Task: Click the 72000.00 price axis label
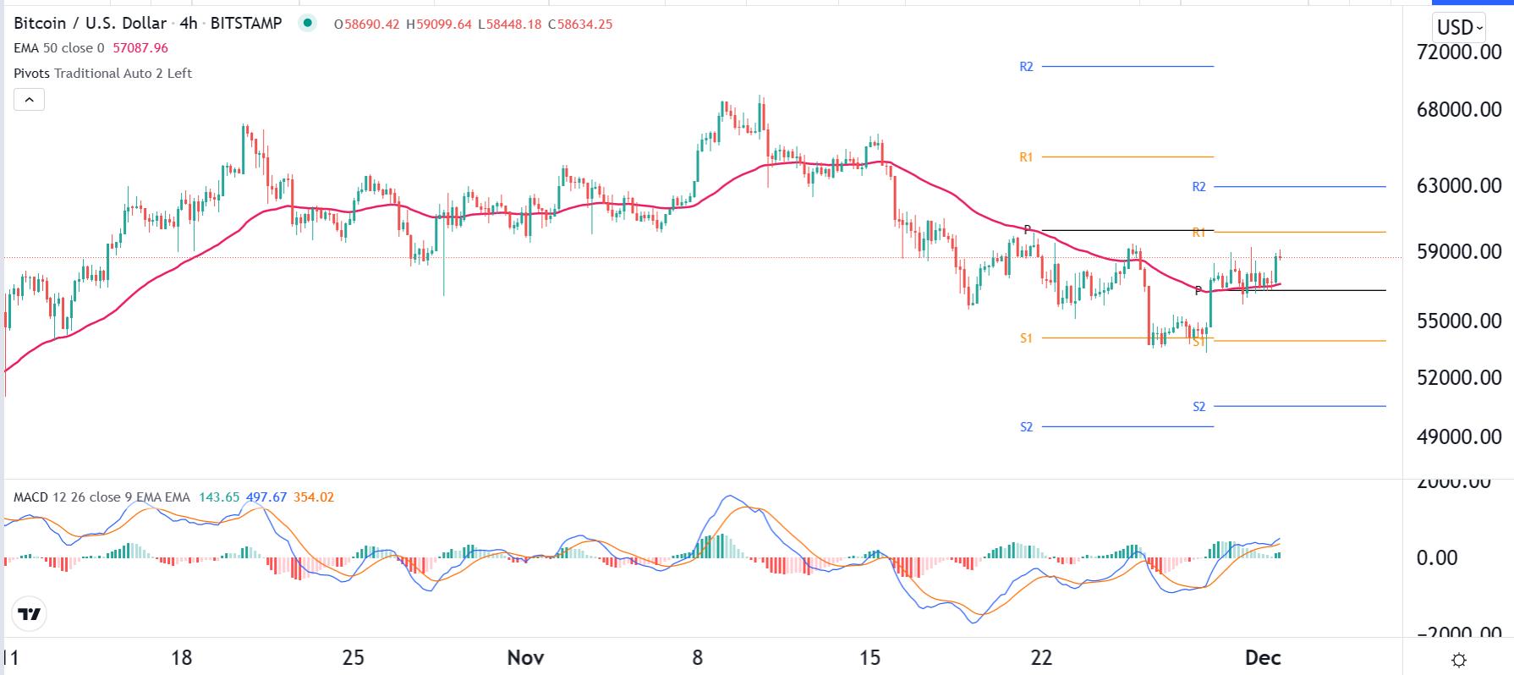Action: click(x=1458, y=52)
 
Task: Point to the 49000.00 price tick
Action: click(x=1458, y=436)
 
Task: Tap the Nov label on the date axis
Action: click(x=525, y=657)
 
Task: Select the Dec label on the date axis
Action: click(x=1263, y=657)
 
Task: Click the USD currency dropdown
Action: click(x=1459, y=27)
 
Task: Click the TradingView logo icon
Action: click(x=30, y=614)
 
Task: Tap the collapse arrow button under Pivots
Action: click(x=30, y=100)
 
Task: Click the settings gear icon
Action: click(x=1458, y=660)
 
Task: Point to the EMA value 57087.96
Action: click(x=140, y=48)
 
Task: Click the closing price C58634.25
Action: click(x=580, y=24)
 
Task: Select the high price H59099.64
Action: click(x=439, y=24)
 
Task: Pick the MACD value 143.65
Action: click(x=219, y=497)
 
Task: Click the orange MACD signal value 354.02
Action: click(x=314, y=497)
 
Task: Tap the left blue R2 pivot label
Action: click(x=1026, y=67)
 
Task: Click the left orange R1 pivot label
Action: click(x=1026, y=157)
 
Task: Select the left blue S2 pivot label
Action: click(x=1026, y=427)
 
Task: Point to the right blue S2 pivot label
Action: click(x=1199, y=407)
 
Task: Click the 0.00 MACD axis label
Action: click(x=1437, y=557)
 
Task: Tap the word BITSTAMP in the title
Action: click(x=246, y=24)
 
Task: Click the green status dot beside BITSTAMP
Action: click(x=308, y=23)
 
